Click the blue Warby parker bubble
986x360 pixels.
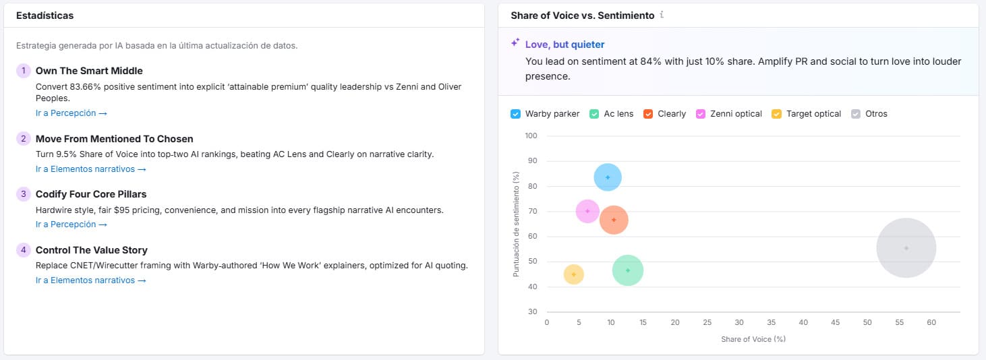[608, 177]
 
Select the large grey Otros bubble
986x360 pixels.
[906, 248]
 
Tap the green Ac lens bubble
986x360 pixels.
[628, 270]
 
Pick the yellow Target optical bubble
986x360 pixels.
[573, 274]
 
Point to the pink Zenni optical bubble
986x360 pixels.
[587, 211]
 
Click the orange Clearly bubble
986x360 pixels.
[614, 220]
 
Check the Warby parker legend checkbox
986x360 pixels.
[516, 114]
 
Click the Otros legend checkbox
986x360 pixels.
[856, 114]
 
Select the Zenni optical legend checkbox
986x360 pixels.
[701, 114]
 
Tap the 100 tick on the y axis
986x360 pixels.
[531, 136]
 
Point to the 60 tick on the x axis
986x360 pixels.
[931, 323]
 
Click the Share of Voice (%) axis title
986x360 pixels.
[753, 339]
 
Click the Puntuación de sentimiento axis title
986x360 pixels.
[516, 224]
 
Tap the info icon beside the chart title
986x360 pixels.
[662, 15]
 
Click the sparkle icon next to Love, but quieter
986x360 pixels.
[515, 43]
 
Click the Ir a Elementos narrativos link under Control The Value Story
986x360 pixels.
[90, 280]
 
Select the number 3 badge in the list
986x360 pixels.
[24, 194]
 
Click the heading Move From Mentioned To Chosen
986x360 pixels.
[114, 139]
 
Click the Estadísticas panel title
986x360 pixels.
[45, 15]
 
